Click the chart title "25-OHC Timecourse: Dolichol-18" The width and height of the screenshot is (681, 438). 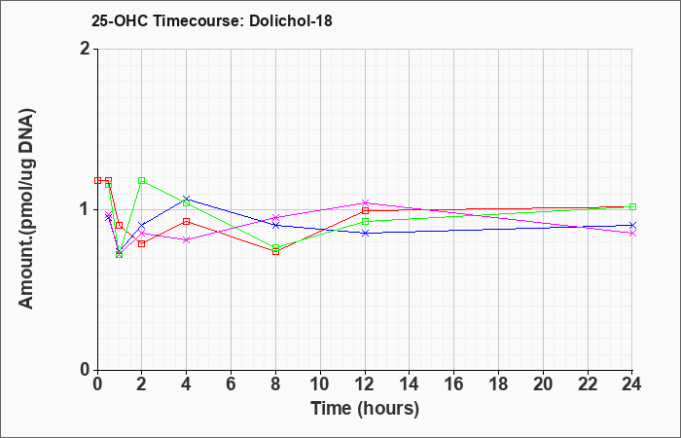211,20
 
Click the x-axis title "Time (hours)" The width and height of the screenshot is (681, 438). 365,409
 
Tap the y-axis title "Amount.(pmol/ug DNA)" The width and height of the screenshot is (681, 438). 27,209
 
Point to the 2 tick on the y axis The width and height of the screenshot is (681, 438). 86,49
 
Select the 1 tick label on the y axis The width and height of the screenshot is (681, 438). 86,209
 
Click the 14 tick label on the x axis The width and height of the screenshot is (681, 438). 410,384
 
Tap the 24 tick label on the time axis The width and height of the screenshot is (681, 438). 632,384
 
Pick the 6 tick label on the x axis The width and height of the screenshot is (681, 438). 232,384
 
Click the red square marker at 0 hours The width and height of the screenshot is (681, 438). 97,180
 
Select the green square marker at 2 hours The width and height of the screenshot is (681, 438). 142,180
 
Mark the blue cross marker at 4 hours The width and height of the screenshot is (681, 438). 187,199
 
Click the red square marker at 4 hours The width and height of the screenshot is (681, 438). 187,222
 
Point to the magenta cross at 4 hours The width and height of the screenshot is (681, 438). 187,239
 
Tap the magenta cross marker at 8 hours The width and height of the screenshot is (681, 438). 275,217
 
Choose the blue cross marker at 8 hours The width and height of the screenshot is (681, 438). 275,225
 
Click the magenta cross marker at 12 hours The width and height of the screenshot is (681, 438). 365,202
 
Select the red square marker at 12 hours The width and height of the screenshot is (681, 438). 365,211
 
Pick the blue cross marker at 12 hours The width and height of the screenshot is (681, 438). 365,233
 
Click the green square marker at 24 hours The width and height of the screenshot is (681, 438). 632,206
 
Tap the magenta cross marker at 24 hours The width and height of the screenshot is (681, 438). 632,234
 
